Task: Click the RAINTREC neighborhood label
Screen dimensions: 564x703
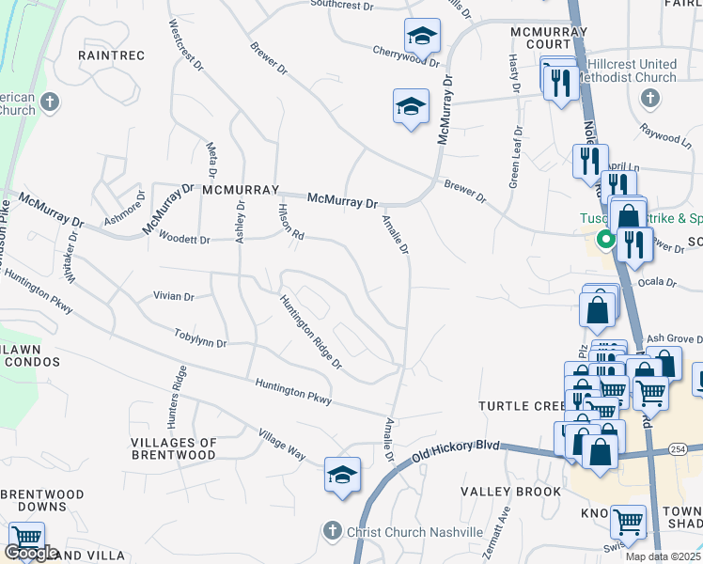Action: point(112,55)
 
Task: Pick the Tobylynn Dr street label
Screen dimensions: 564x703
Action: point(200,337)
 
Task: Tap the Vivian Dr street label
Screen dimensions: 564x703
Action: point(173,296)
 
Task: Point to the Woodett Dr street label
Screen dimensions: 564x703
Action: point(183,240)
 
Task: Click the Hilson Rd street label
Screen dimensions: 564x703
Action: point(290,222)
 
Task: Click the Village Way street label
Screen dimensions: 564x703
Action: point(282,444)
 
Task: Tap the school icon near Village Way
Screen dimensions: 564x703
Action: point(343,475)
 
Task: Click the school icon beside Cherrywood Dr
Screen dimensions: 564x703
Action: point(423,37)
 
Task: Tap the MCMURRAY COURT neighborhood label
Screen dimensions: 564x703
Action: point(548,39)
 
